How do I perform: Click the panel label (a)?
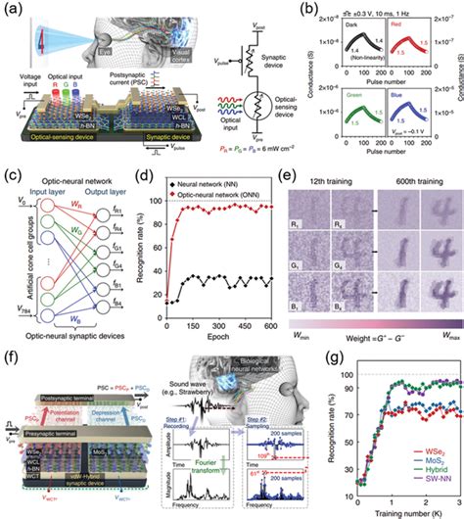point(12,8)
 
